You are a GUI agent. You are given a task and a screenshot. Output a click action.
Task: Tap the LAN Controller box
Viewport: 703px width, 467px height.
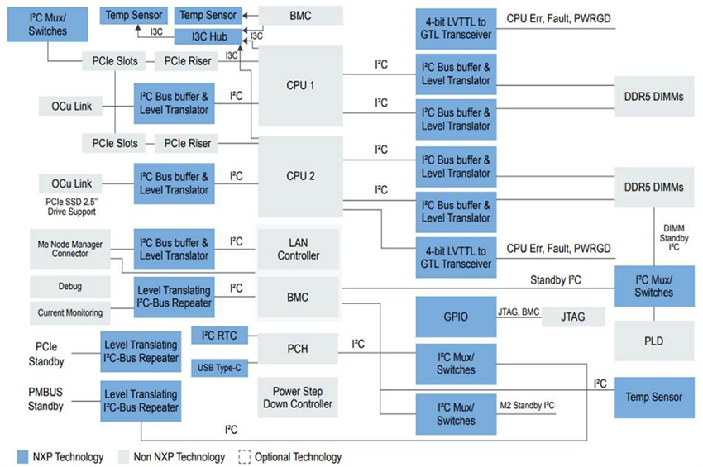tap(298, 248)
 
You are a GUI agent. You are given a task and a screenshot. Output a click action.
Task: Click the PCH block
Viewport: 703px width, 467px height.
tap(298, 349)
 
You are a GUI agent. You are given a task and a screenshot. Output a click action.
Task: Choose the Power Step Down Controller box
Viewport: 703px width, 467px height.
tap(298, 397)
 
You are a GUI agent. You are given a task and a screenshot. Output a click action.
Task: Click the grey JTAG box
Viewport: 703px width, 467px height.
tap(572, 316)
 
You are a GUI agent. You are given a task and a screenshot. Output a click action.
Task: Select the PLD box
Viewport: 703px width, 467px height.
tap(653, 341)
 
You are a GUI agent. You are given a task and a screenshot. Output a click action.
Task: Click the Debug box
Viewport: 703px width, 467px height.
tap(69, 287)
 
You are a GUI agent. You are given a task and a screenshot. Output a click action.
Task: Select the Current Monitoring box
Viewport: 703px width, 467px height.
tap(69, 312)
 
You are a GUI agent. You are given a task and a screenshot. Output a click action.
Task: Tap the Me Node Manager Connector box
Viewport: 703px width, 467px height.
tap(69, 248)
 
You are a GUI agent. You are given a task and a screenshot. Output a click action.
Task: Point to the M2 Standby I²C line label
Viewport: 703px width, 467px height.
tap(528, 405)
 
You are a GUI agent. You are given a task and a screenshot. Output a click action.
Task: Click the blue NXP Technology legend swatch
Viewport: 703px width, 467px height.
tap(23, 456)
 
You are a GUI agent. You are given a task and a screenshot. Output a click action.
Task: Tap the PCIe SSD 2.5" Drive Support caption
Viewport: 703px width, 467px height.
tap(69, 207)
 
